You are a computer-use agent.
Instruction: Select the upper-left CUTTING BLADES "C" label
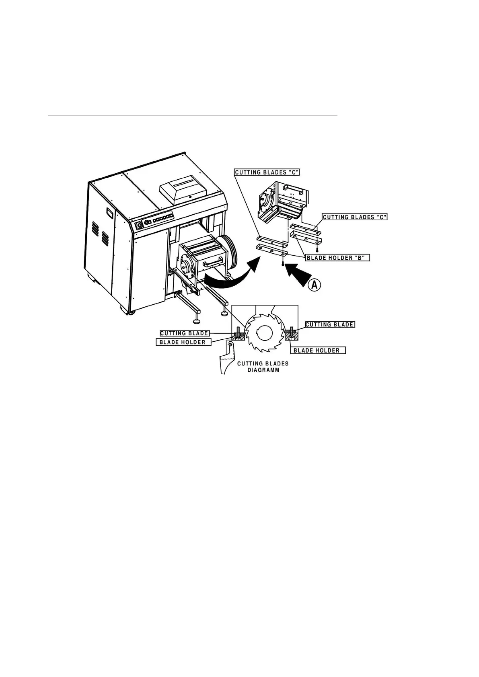[267, 172]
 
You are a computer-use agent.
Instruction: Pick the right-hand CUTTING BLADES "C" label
[355, 217]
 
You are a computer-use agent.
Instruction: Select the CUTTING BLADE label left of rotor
[184, 333]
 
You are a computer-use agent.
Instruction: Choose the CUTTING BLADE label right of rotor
[330, 324]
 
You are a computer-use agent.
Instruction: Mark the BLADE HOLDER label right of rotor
[317, 351]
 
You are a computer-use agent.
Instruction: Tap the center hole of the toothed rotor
[264, 333]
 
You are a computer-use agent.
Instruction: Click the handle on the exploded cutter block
[292, 189]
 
